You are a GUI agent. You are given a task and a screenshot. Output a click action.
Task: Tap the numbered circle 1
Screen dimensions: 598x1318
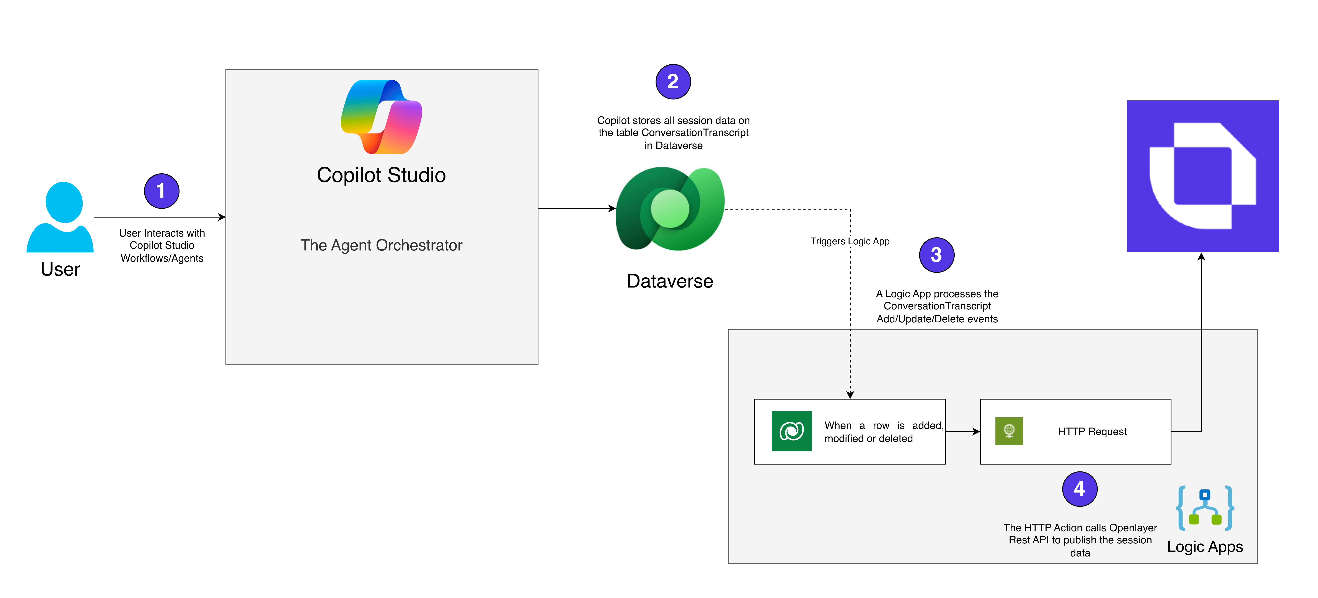[161, 191]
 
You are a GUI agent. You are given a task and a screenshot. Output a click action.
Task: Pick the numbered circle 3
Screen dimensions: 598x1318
[936, 255]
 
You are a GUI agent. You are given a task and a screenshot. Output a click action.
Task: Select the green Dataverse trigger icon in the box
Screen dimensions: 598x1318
[791, 431]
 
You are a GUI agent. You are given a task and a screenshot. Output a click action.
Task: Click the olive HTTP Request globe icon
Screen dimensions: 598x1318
[1009, 431]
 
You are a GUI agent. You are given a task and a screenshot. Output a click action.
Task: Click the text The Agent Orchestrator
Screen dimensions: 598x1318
[381, 245]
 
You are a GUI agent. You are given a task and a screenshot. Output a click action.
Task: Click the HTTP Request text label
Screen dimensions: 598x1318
[1092, 432]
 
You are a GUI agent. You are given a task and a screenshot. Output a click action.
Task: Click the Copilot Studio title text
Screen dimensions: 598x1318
[381, 175]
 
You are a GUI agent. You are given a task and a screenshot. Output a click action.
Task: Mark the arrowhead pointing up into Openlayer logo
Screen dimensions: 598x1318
[1201, 257]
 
